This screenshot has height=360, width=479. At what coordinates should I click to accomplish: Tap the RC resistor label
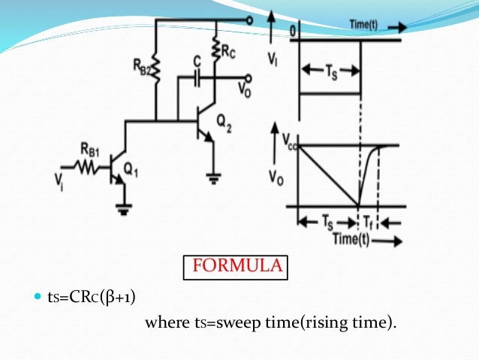click(228, 50)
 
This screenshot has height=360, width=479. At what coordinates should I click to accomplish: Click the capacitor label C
click(196, 60)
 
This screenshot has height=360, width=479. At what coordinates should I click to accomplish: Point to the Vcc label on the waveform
click(291, 140)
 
